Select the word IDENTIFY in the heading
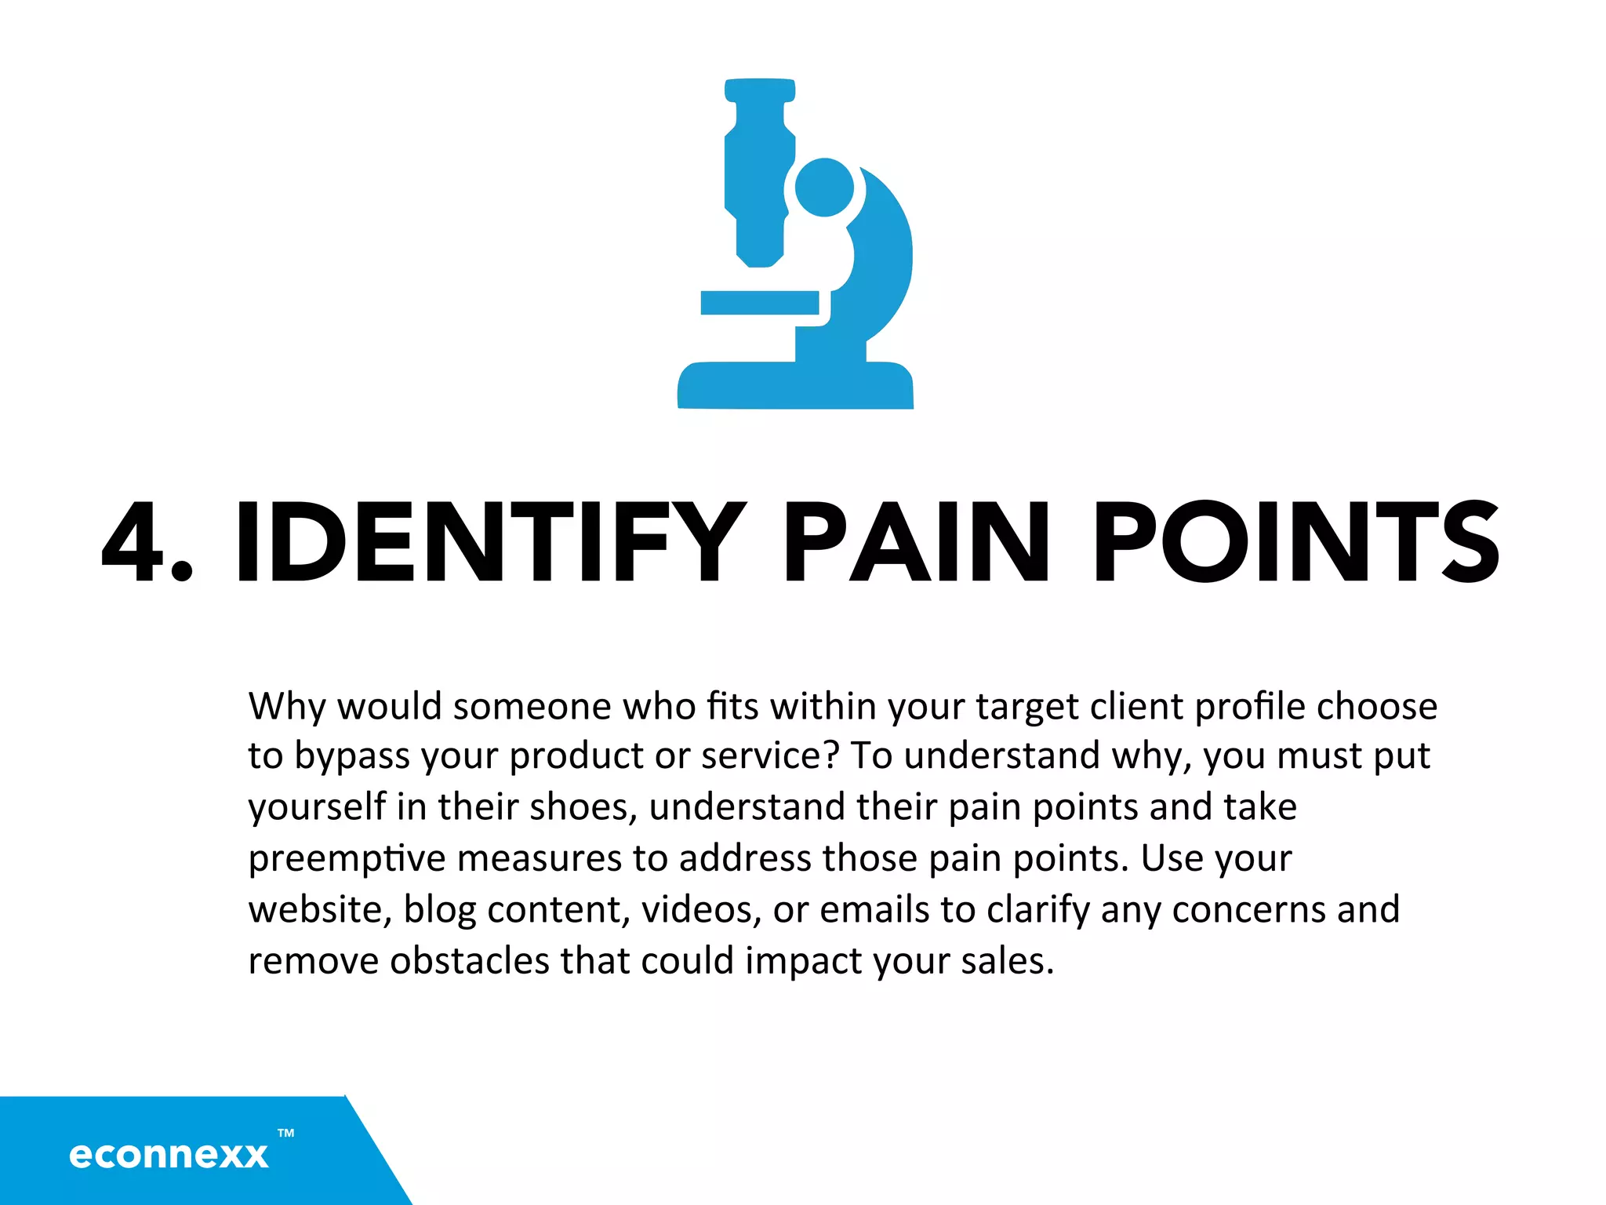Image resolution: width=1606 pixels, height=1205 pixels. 490,543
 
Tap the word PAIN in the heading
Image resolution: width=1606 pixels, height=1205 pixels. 916,543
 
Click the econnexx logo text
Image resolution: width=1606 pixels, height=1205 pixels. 169,1155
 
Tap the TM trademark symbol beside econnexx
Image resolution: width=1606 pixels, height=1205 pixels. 286,1133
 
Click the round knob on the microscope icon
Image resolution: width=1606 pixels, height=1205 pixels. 824,187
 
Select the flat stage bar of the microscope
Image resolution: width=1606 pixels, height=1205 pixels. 759,303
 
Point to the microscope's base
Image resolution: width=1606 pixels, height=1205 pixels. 795,385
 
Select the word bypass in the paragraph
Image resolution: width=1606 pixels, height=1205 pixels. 352,757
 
